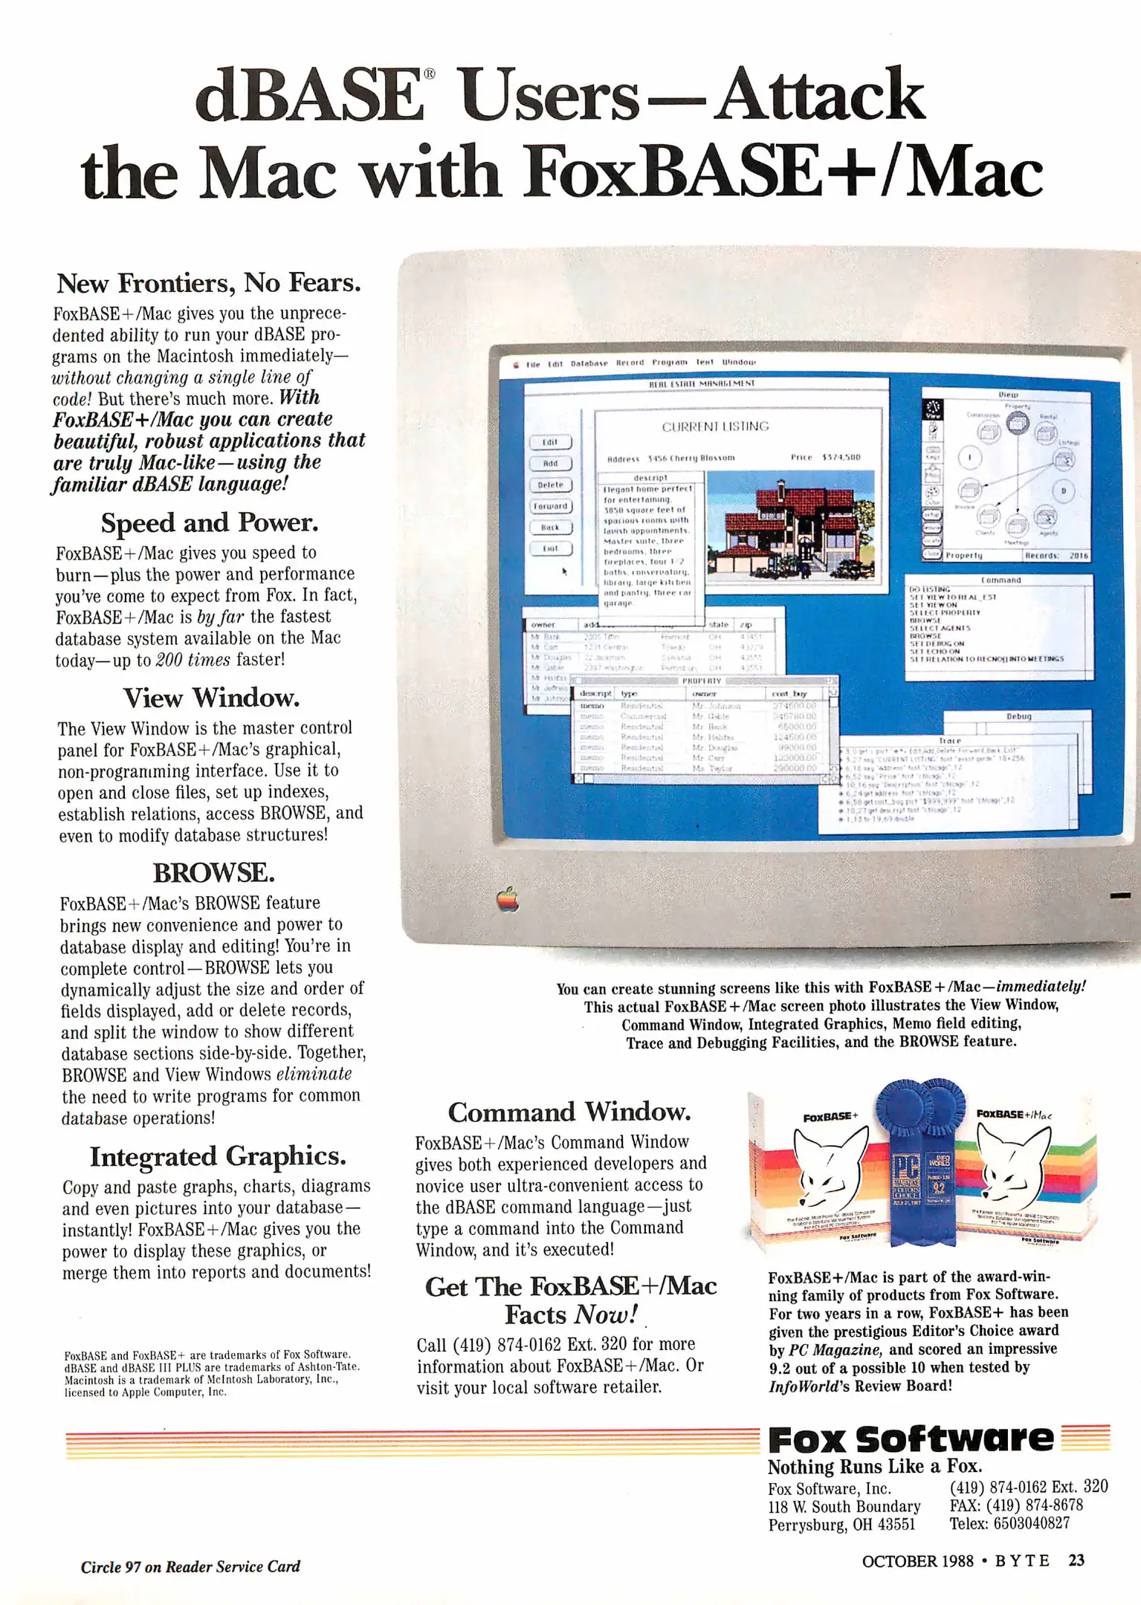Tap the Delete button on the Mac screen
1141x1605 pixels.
click(x=550, y=484)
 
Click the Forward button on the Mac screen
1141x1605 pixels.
click(x=550, y=506)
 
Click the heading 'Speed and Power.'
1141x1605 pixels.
click(x=210, y=523)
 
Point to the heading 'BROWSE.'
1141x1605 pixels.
click(x=213, y=872)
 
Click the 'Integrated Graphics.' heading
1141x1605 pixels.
click(x=218, y=1156)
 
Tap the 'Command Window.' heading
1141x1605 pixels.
click(x=569, y=1112)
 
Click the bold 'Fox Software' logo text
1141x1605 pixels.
click(x=911, y=1439)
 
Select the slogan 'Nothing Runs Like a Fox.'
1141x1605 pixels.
click(x=875, y=1467)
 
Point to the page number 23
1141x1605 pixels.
click(x=1076, y=1560)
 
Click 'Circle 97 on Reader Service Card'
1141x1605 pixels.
click(x=190, y=1566)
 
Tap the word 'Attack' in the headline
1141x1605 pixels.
click(x=820, y=94)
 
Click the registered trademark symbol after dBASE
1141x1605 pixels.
click(x=430, y=74)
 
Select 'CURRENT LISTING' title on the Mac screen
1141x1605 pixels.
click(x=715, y=427)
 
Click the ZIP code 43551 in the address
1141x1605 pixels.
click(x=897, y=1525)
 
